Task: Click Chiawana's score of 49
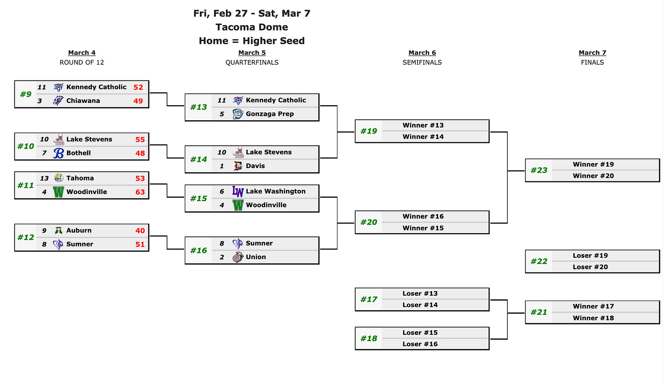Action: [x=138, y=101]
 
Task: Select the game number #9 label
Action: [x=25, y=94]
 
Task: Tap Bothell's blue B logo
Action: [x=58, y=153]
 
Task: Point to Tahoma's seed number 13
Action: [x=44, y=179]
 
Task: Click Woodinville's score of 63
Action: [x=140, y=192]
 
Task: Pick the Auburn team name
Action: [x=79, y=230]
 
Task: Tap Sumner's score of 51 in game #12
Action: [x=140, y=245]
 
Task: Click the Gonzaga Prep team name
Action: [x=270, y=114]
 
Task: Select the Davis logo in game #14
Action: [x=238, y=166]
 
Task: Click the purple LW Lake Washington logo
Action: [x=238, y=192]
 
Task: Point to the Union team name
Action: [x=255, y=257]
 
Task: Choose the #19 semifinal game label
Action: [x=368, y=131]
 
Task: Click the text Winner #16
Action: [x=423, y=216]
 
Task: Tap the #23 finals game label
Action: [x=539, y=170]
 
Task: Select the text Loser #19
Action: [x=590, y=256]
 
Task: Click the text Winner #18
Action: [x=593, y=318]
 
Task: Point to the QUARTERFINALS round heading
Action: [x=252, y=62]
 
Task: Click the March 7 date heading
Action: [x=592, y=53]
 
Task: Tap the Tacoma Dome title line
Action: [x=252, y=27]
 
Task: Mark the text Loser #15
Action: [x=420, y=333]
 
